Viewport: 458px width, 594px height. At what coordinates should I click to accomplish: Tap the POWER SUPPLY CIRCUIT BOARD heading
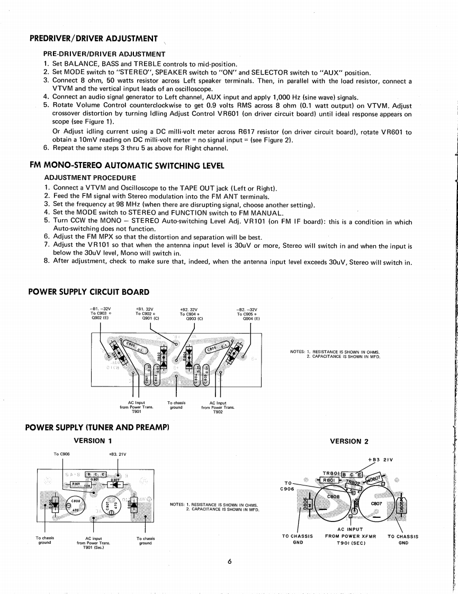[88, 292]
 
